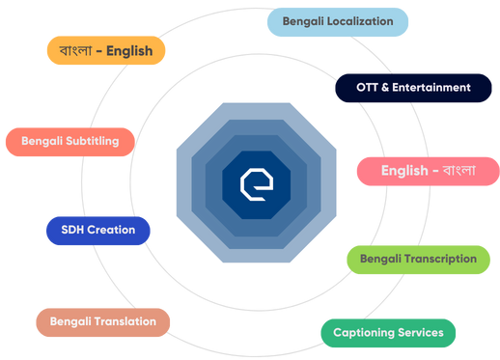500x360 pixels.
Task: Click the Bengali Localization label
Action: pyautogui.click(x=338, y=21)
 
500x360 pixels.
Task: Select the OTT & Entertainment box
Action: pyautogui.click(x=414, y=88)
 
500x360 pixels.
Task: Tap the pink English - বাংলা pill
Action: pyautogui.click(x=427, y=171)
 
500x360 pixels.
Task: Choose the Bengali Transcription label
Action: pyautogui.click(x=418, y=259)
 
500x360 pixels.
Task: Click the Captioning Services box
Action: pyautogui.click(x=388, y=333)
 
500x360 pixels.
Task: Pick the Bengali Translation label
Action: pyautogui.click(x=102, y=321)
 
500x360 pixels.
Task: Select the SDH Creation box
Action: pyautogui.click(x=97, y=231)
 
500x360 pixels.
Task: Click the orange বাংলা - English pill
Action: pyautogui.click(x=106, y=51)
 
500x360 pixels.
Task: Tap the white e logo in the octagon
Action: pyautogui.click(x=257, y=183)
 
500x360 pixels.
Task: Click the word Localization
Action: pyautogui.click(x=359, y=21)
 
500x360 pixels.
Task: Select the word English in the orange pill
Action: pyautogui.click(x=129, y=51)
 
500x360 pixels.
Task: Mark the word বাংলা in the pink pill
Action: pyautogui.click(x=458, y=171)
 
